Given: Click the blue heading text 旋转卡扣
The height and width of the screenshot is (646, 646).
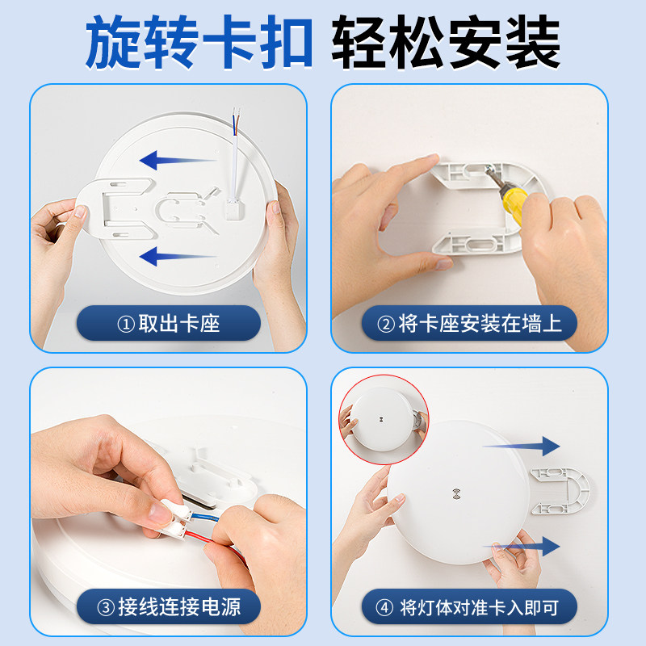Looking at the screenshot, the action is click(x=199, y=42).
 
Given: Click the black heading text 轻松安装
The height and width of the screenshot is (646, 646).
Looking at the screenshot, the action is click(x=446, y=42).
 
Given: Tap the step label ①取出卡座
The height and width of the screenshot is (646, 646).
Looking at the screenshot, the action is click(x=169, y=324).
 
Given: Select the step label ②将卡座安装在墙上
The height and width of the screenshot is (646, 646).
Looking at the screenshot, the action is click(x=469, y=324).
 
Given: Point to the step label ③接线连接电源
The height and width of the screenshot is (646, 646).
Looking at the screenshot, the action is click(x=169, y=607).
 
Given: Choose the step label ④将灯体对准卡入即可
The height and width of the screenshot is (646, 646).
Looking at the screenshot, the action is click(x=468, y=608).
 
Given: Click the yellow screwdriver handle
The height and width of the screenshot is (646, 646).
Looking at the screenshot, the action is click(x=514, y=205).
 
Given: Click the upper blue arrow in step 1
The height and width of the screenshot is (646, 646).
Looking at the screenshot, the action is click(x=178, y=160).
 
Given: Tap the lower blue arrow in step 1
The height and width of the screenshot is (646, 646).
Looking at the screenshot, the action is click(x=178, y=256).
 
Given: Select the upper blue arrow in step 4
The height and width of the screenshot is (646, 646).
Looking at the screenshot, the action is click(x=521, y=446).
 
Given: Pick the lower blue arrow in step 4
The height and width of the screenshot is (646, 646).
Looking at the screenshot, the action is click(x=521, y=547).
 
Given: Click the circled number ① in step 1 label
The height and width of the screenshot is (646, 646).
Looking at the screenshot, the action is click(x=126, y=325).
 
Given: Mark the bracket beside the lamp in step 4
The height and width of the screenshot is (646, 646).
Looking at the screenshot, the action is click(x=560, y=491).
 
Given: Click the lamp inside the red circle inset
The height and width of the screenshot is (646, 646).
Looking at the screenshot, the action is click(x=381, y=419).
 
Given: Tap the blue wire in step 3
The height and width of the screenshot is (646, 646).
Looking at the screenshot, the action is click(x=203, y=516).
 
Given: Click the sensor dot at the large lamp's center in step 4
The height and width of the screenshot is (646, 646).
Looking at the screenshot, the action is click(x=456, y=493).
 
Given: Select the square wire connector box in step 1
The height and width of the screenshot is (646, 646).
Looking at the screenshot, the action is click(x=234, y=209).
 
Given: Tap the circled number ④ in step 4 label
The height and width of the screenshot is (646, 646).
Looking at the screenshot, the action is click(x=384, y=608).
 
